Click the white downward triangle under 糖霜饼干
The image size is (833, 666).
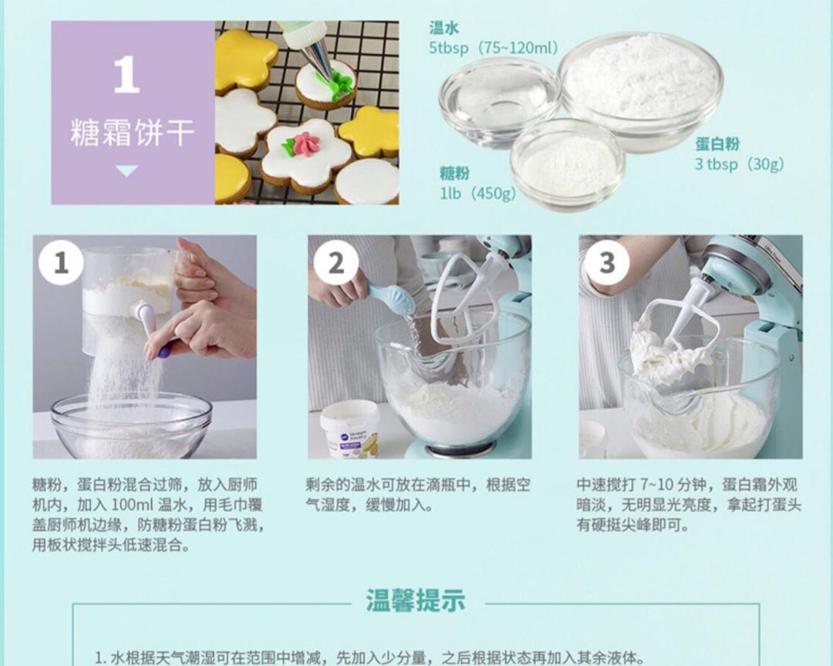coord(126,171)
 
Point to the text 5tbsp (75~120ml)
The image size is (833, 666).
coord(493,48)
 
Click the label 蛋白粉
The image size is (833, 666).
coord(717,144)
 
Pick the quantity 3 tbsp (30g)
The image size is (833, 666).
coord(739,164)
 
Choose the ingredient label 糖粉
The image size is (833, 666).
coord(454,173)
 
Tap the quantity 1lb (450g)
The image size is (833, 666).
coord(477,193)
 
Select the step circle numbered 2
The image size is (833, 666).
coord(336,263)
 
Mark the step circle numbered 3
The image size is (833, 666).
coord(607,263)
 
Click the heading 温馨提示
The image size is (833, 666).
coord(416,600)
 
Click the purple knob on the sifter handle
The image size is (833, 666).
coord(164,353)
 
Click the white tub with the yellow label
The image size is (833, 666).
coord(350,428)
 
